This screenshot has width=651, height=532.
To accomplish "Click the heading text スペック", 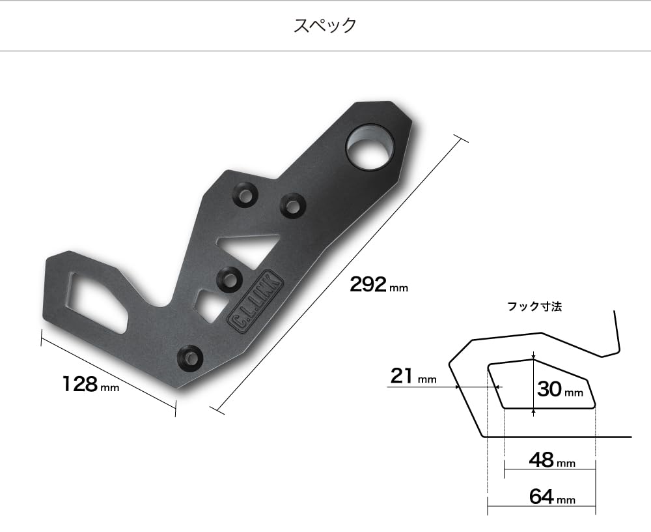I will pyautogui.click(x=325, y=25).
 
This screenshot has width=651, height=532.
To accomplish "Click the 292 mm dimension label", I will pyautogui.click(x=378, y=285).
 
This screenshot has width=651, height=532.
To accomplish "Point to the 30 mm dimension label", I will pyautogui.click(x=559, y=389).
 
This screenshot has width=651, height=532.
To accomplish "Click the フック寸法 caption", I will pyautogui.click(x=534, y=306).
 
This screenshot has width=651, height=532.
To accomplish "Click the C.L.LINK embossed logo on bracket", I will pyautogui.click(x=256, y=302).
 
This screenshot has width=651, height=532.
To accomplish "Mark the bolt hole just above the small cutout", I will pyautogui.click(x=229, y=278).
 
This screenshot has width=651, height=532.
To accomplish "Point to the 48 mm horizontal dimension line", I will pyautogui.click(x=550, y=468).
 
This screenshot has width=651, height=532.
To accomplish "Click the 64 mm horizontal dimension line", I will pyautogui.click(x=540, y=505).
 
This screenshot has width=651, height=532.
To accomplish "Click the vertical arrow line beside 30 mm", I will pyautogui.click(x=533, y=385).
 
